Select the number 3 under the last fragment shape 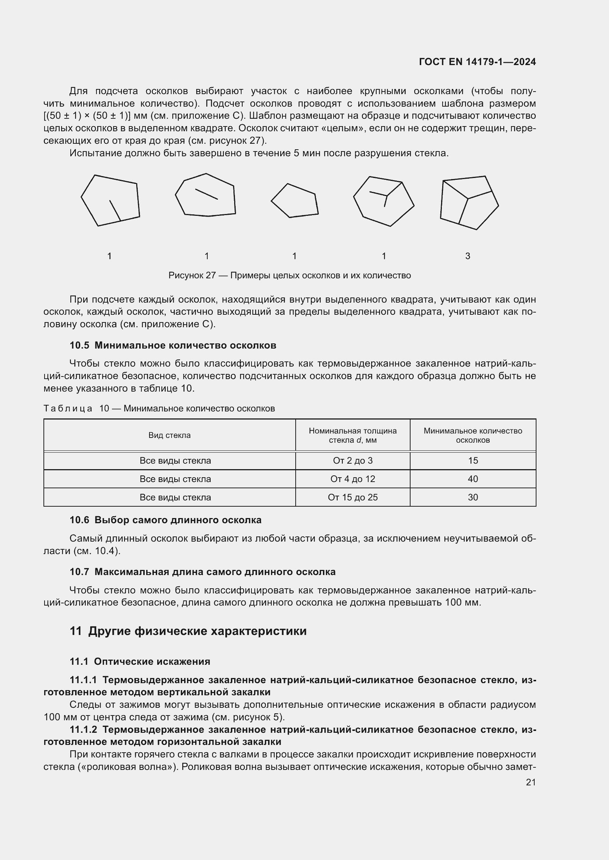468,256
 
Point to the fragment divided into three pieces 469,203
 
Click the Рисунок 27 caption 289,275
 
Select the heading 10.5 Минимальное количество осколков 173,345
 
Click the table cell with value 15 473,461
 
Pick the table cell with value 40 473,479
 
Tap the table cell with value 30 473,497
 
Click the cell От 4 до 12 352,479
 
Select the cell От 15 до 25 352,497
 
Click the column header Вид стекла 169,435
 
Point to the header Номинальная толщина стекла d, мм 352,435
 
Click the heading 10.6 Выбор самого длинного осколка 165,520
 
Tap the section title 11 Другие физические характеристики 188,631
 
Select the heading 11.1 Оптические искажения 140,661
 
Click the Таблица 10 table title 159,408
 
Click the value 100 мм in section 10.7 462,603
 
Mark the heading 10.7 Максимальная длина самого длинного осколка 203,572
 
